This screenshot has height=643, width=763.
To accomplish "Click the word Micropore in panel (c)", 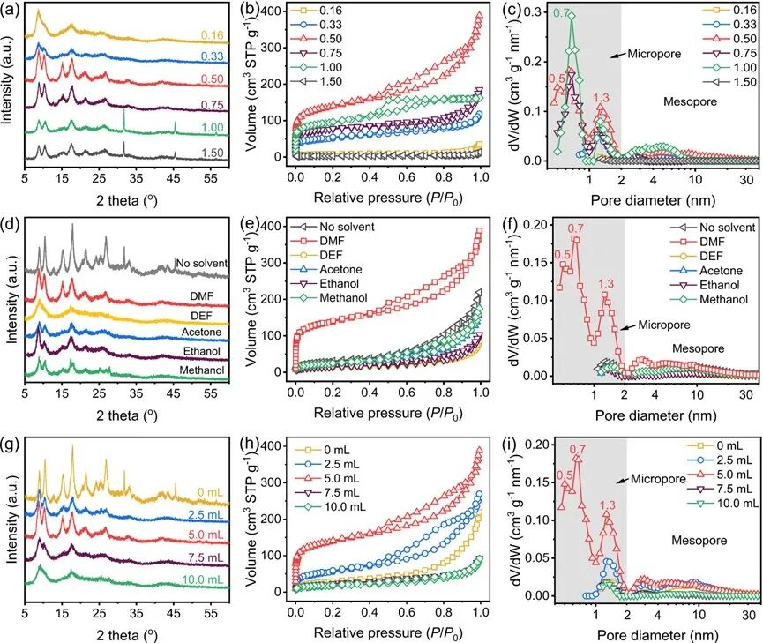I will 651,55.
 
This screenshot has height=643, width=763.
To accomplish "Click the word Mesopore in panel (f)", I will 696,348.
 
